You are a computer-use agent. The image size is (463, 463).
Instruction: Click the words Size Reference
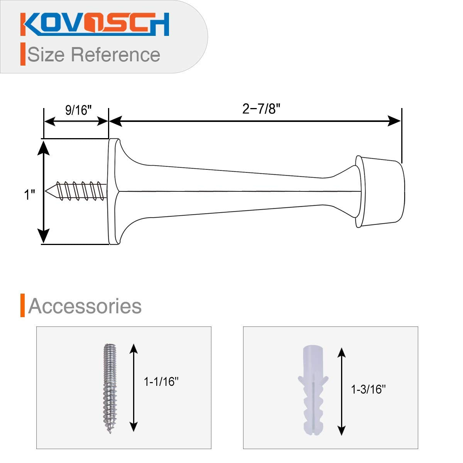coord(94,54)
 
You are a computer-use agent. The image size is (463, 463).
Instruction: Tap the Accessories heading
coord(85,306)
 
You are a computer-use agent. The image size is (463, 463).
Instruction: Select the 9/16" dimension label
coord(78,110)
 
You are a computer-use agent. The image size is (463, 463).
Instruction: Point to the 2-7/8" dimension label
coord(261,109)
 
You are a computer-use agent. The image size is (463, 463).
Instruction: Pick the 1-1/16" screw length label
coord(161,382)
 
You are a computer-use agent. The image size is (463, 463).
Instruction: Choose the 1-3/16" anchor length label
coord(368,390)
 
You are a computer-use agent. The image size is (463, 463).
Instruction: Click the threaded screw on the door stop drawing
coord(79,191)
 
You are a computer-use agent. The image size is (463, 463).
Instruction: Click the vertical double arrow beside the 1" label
coord(44,192)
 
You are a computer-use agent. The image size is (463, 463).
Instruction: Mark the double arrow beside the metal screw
coord(133,387)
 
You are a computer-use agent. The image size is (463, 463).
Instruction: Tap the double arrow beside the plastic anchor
coord(341,391)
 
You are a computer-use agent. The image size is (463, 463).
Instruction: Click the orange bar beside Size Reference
coord(23,54)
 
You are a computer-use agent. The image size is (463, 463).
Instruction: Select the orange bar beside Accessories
coord(23,306)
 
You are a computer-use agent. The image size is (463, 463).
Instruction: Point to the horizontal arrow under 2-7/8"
coord(255,121)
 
